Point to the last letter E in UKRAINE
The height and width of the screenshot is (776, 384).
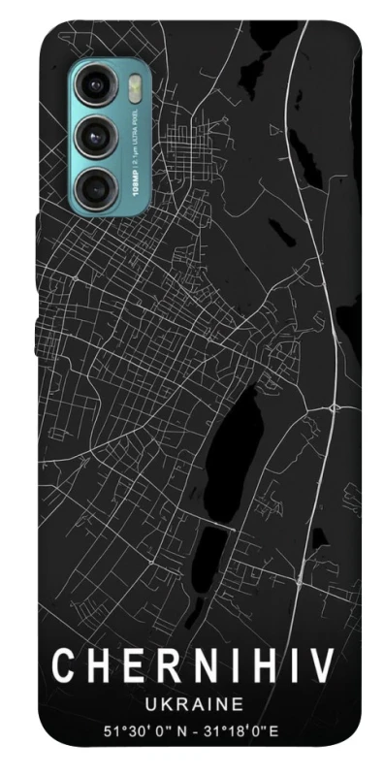click(x=239, y=701)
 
